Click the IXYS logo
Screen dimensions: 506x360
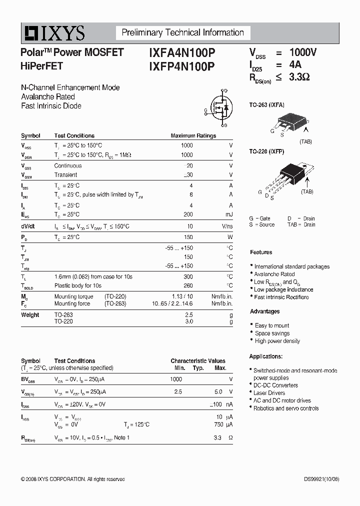pos(53,33)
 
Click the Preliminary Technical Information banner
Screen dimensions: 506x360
pos(183,33)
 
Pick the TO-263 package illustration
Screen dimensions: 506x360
pos(289,121)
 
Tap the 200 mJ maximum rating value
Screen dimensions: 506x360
pos(187,214)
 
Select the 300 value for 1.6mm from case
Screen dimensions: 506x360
pos(187,276)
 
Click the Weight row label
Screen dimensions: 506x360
pos(30,315)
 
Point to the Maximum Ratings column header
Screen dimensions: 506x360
pos(193,135)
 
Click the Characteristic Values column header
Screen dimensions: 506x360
pos(197,360)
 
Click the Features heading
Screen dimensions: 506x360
pos(261,252)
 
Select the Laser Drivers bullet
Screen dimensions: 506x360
pos(269,393)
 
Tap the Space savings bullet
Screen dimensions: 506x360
pos(272,333)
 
